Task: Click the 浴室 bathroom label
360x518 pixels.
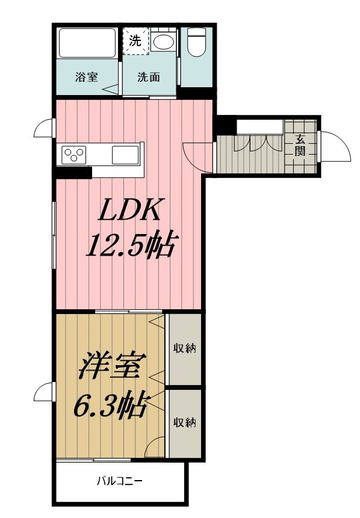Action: [86, 77]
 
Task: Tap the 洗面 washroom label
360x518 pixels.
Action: [149, 77]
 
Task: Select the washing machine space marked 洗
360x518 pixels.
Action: [135, 42]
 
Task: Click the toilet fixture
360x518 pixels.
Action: [196, 42]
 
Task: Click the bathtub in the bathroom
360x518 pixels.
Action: [87, 43]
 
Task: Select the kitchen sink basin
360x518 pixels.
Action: [125, 155]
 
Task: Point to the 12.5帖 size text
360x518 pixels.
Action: [130, 245]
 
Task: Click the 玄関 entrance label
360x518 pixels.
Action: [300, 146]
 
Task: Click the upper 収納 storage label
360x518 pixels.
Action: [185, 348]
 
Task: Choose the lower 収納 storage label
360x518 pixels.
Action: [185, 422]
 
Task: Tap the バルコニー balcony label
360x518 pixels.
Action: [120, 481]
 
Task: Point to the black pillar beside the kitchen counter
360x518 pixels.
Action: [73, 173]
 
